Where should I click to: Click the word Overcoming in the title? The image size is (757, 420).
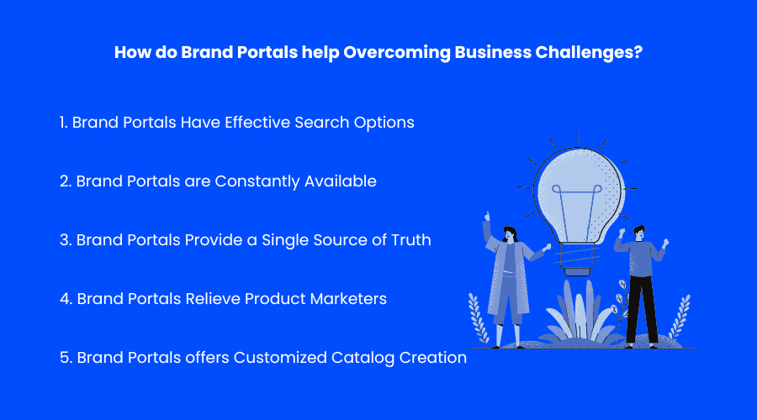click(x=397, y=53)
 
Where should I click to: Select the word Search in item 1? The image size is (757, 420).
click(x=321, y=123)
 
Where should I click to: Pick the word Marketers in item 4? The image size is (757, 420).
click(x=348, y=299)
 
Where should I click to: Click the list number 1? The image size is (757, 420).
click(x=63, y=123)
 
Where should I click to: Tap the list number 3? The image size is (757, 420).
click(x=65, y=240)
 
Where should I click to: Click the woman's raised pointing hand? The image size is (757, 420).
click(x=487, y=216)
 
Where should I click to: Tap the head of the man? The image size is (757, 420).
click(x=639, y=233)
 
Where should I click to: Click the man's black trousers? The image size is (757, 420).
click(x=642, y=309)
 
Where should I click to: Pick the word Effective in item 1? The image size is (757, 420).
click(x=257, y=123)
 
